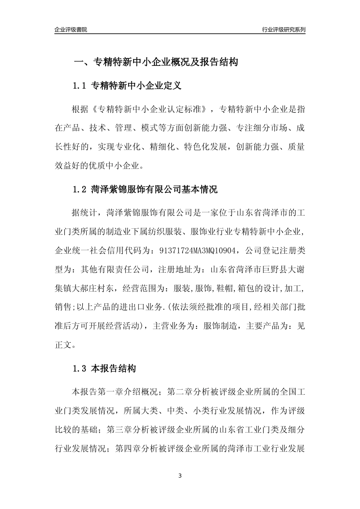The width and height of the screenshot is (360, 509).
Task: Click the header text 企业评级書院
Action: point(71,30)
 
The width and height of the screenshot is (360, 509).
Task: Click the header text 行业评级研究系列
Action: point(283,30)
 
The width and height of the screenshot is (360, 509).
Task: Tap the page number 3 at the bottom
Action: point(180,476)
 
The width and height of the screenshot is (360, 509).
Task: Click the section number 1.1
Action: point(80,86)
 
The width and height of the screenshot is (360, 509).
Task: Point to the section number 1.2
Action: point(80,189)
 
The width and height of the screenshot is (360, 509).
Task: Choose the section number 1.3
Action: point(80,368)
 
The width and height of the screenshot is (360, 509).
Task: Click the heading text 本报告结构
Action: point(114,368)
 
